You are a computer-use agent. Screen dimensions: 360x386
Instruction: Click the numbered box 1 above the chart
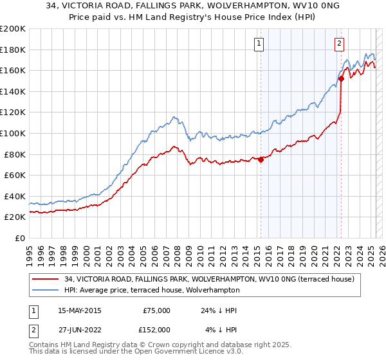(x=259, y=44)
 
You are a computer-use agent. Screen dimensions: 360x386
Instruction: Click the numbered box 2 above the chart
(x=339, y=44)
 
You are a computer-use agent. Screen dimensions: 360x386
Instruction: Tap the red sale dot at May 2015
(x=261, y=160)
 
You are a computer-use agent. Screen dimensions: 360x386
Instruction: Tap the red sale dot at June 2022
(x=342, y=78)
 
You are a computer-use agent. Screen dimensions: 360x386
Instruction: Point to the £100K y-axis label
(x=13, y=133)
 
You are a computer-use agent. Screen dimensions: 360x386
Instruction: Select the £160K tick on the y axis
(x=13, y=70)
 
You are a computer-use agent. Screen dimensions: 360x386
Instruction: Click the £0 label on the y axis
(x=19, y=238)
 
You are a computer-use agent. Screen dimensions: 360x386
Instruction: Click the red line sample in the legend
(x=45, y=279)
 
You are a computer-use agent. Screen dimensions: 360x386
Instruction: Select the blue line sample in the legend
(x=45, y=290)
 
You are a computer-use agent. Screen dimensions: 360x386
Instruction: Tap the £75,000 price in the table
(x=155, y=310)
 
